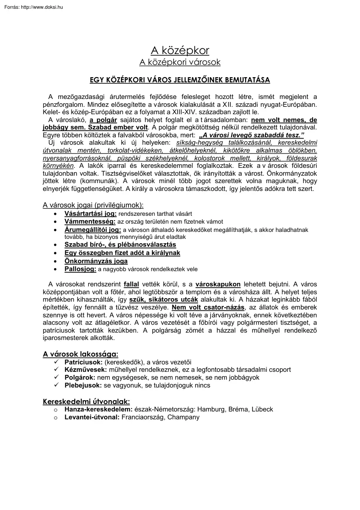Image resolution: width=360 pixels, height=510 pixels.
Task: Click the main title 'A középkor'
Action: click(180, 51)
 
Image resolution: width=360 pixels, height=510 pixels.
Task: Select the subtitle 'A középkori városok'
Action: click(180, 62)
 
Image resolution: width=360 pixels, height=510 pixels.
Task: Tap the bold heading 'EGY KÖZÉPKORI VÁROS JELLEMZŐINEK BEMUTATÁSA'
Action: click(180, 80)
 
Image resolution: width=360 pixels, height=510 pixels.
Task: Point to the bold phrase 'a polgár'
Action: click(104, 120)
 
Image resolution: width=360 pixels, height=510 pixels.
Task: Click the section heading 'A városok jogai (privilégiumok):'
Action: click(93, 204)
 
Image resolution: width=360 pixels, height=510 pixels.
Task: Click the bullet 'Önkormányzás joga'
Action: click(96, 261)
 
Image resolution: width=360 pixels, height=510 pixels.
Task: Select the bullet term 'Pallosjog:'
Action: click(80, 269)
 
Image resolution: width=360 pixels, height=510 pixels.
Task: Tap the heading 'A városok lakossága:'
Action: click(80, 354)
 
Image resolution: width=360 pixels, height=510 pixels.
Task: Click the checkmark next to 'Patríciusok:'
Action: click(55, 362)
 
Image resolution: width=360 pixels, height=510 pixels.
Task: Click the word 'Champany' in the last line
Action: click(185, 417)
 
